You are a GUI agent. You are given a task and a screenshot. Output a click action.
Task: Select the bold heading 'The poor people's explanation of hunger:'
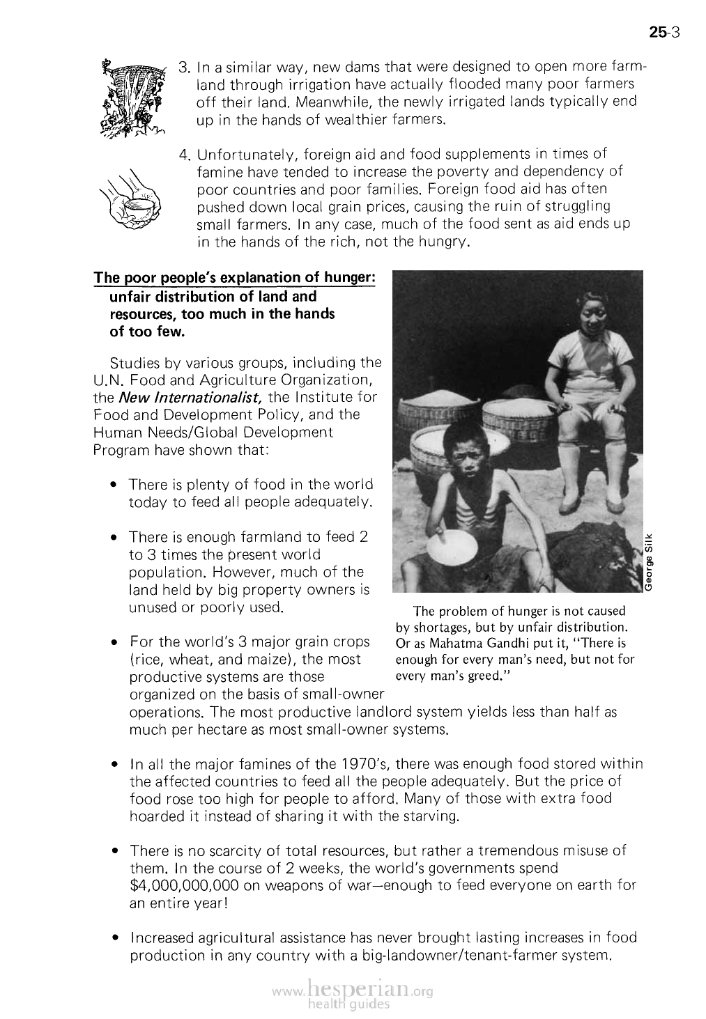tap(235, 278)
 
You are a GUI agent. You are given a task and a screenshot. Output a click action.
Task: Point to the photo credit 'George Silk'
tap(649, 561)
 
